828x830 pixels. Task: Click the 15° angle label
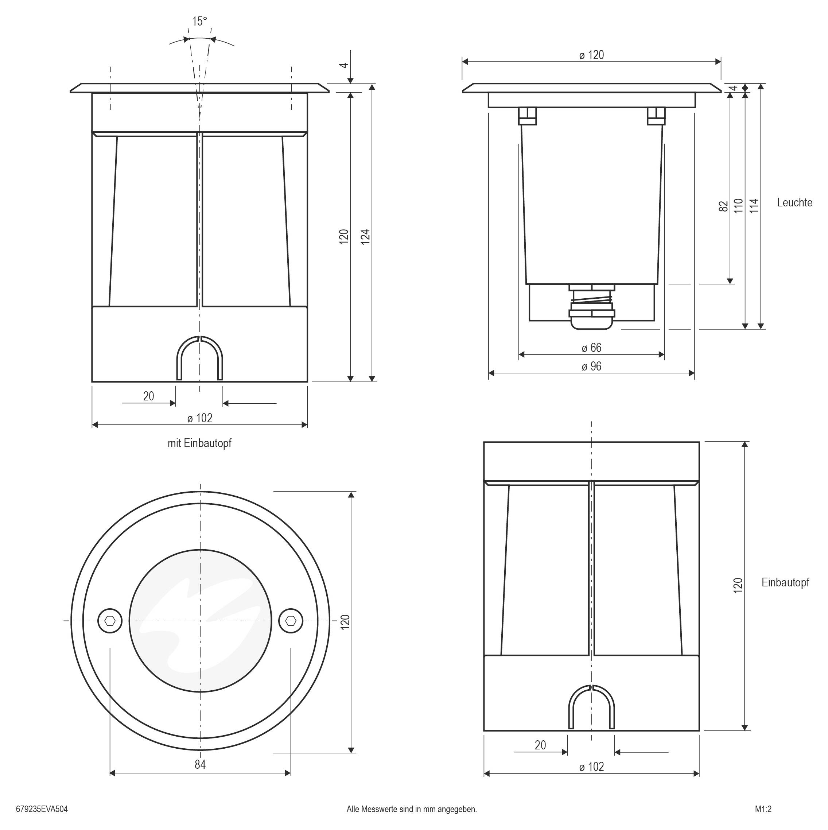coord(199,22)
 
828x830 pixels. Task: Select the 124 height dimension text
coord(365,237)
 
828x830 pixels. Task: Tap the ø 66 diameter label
coord(591,348)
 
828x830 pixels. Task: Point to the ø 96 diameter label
coord(591,366)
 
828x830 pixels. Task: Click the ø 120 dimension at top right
coord(591,55)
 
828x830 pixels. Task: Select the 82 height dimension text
coord(724,206)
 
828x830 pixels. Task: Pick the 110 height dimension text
coord(738,206)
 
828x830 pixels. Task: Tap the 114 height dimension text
coord(754,206)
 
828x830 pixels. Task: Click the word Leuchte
coord(794,202)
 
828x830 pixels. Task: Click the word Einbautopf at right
coord(785,582)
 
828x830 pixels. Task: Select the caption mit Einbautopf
coord(199,443)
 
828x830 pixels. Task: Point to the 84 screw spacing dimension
coord(200,764)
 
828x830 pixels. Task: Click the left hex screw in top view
coord(110,620)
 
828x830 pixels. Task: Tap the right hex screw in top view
coord(291,620)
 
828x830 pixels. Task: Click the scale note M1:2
coord(763,809)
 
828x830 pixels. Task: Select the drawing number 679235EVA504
coord(42,809)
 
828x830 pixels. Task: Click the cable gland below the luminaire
coord(591,306)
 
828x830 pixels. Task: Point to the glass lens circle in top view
coord(200,620)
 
